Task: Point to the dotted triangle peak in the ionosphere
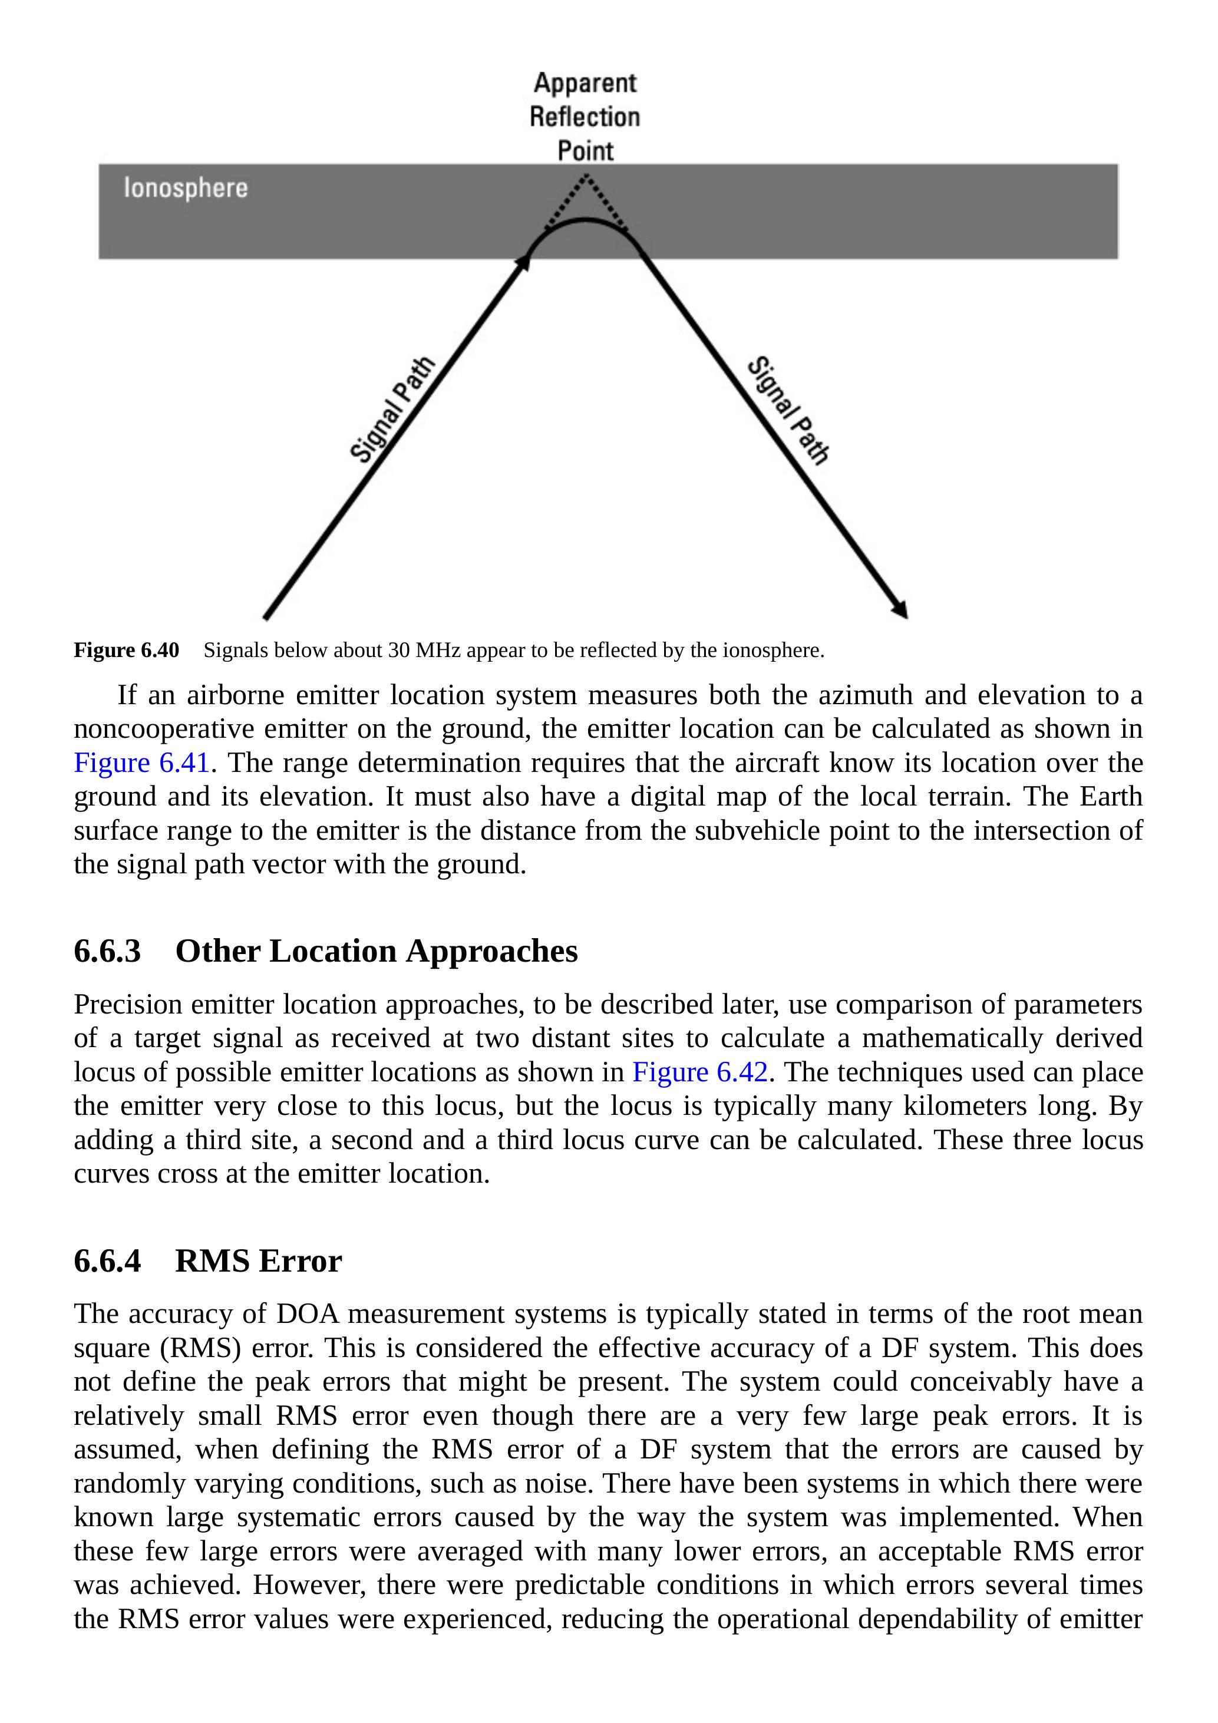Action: tap(586, 177)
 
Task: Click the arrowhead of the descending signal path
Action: tap(900, 610)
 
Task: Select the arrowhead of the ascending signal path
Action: tap(523, 262)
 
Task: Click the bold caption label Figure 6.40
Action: tap(126, 650)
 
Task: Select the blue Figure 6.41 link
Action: tap(141, 763)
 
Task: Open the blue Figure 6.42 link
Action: tap(700, 1072)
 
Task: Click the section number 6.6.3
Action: tap(107, 951)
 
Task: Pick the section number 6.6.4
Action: tap(107, 1261)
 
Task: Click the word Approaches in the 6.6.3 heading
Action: tap(491, 951)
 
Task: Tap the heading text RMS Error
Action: tap(258, 1261)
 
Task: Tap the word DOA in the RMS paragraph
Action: tap(308, 1314)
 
